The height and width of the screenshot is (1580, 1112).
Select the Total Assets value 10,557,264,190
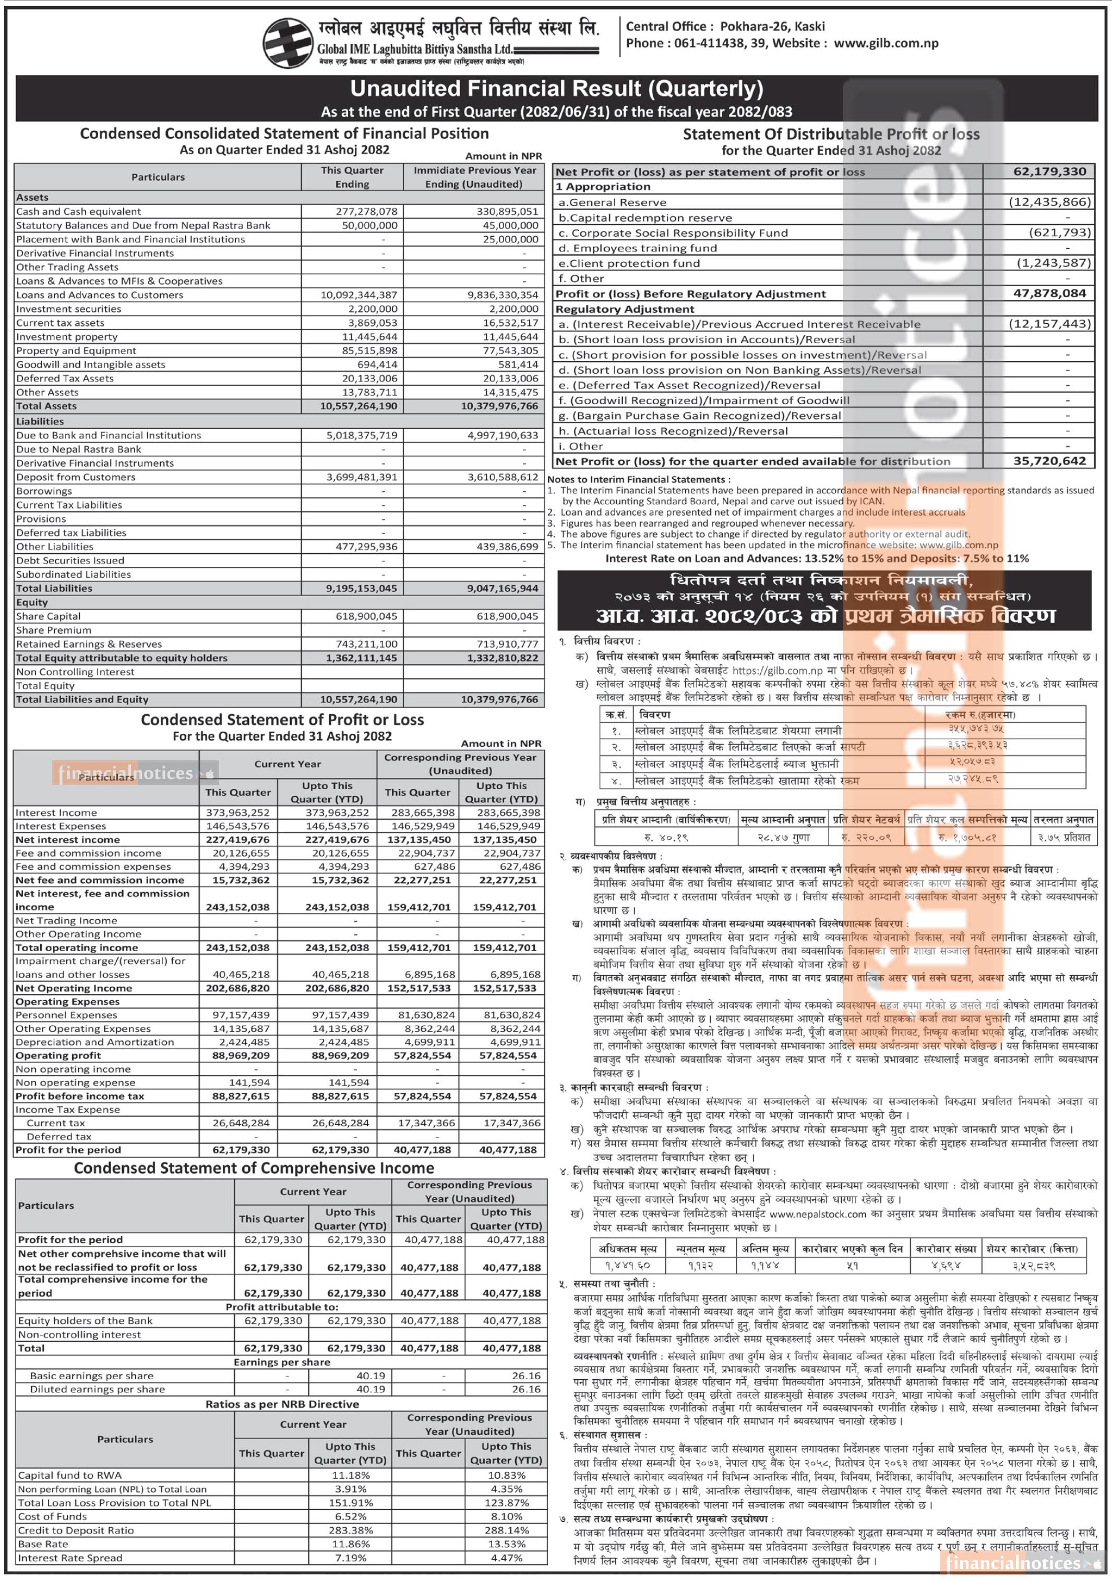click(358, 406)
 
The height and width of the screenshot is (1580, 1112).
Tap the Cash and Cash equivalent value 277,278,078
click(366, 211)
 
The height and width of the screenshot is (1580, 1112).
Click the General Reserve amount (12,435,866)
click(1049, 202)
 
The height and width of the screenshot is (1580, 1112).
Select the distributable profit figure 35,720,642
click(1050, 461)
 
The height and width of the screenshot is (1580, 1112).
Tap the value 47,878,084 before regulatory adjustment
click(1050, 293)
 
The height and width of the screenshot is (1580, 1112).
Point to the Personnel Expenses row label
click(66, 1015)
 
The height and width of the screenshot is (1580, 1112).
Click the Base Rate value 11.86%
click(351, 1543)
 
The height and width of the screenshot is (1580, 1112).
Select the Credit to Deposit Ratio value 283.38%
click(351, 1530)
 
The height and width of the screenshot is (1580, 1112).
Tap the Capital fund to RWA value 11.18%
click(351, 1475)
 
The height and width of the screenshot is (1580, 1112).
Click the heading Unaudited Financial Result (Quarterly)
click(556, 89)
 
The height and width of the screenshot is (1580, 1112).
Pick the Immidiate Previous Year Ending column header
click(474, 177)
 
